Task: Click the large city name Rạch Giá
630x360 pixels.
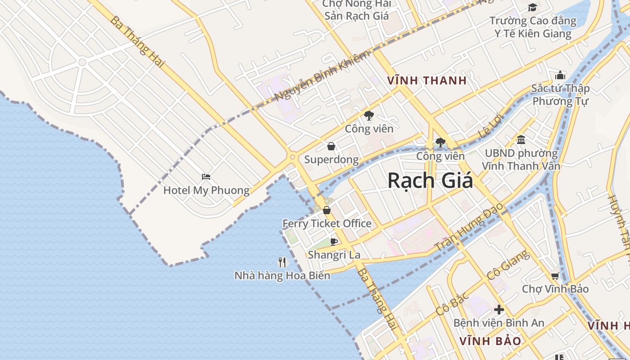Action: (x=430, y=181)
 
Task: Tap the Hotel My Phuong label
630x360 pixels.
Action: (x=206, y=190)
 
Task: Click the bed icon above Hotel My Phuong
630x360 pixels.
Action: (x=206, y=177)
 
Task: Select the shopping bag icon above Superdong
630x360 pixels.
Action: (x=331, y=146)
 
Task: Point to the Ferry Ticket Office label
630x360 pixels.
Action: (x=327, y=224)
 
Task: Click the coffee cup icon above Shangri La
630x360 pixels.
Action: (x=334, y=242)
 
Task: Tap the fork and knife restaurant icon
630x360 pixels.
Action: (x=282, y=262)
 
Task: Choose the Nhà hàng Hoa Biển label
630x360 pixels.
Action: (x=282, y=275)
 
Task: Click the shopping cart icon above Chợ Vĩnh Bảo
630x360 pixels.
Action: (x=555, y=276)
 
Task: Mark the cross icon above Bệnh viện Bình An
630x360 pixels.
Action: (x=499, y=310)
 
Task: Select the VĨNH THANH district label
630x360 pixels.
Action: (x=427, y=81)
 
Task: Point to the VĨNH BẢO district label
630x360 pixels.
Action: (x=490, y=341)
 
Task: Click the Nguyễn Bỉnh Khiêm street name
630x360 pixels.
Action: (x=322, y=76)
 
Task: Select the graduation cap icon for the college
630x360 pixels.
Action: (x=532, y=7)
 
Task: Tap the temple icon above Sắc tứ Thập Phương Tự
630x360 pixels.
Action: (x=560, y=75)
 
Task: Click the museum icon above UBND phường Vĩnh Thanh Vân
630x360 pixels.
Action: (x=521, y=140)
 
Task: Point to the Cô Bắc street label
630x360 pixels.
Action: (x=452, y=304)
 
